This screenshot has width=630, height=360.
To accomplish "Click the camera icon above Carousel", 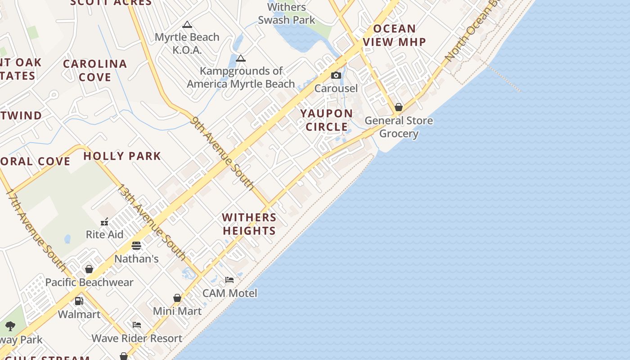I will [336, 76].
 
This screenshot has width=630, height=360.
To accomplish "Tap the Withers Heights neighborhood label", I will [249, 224].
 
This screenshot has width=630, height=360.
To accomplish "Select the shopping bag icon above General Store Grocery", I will [399, 107].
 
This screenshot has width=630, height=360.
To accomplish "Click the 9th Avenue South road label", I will [222, 153].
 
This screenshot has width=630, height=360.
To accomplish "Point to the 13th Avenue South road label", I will [151, 222].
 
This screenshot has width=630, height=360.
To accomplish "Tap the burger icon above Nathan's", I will [136, 246].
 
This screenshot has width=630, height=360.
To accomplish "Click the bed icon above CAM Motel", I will [229, 280].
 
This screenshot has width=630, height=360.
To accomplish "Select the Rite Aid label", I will [104, 234].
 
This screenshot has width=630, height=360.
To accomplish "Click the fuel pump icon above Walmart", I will [79, 301].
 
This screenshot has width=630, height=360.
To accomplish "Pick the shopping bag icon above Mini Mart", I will [177, 298].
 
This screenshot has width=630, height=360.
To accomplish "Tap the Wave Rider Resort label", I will [137, 338].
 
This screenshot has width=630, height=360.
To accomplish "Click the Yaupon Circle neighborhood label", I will [327, 120].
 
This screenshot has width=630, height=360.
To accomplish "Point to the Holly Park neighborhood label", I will [122, 156].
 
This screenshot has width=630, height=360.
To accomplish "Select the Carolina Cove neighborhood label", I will [95, 70].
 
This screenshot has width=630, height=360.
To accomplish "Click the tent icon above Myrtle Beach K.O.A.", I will [187, 24].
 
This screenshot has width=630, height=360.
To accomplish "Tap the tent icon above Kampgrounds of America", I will [241, 58].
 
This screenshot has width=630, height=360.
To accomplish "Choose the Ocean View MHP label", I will [395, 36].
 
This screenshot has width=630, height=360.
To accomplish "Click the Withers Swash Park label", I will [287, 13].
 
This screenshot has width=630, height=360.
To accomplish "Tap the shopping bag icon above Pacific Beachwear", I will [89, 269].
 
